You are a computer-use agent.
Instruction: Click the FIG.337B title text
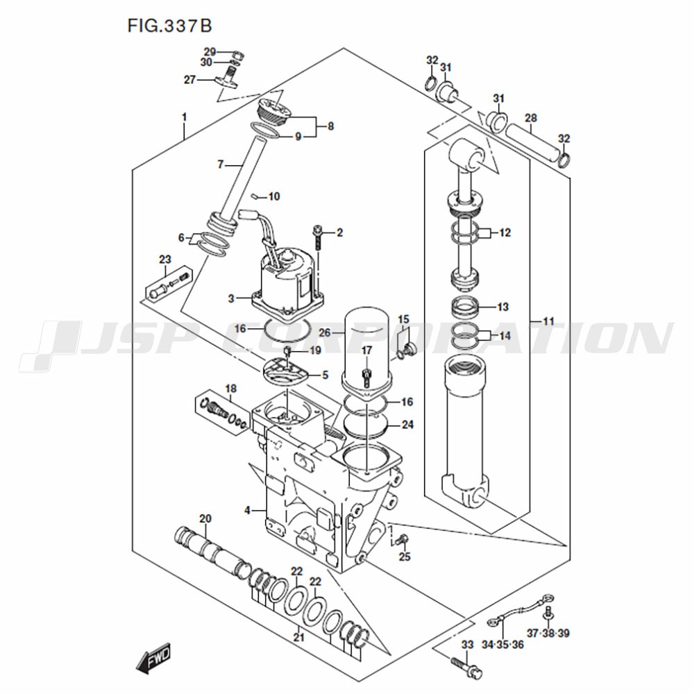click(170, 25)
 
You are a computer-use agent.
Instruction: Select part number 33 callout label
click(467, 645)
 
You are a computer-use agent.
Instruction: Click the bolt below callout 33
click(466, 666)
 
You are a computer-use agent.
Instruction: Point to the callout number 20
click(205, 518)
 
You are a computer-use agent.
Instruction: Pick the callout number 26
click(325, 332)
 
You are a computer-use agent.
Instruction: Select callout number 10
click(274, 196)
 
